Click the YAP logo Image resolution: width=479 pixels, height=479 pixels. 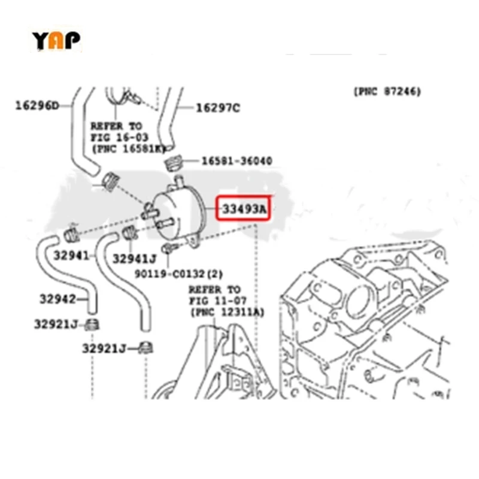pyautogui.click(x=56, y=40)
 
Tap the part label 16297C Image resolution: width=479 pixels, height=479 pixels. pyautogui.click(x=217, y=108)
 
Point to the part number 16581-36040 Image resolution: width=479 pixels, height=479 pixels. pyautogui.click(x=237, y=161)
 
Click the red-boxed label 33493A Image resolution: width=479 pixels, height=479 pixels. pyautogui.click(x=244, y=209)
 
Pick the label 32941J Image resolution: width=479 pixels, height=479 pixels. pyautogui.click(x=134, y=259)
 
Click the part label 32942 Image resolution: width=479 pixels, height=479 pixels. pyautogui.click(x=57, y=298)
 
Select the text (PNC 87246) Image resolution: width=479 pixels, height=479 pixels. pyautogui.click(x=387, y=92)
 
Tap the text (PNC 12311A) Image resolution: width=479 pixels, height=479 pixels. pyautogui.click(x=227, y=313)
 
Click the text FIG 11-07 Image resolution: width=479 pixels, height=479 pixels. pyautogui.click(x=216, y=301)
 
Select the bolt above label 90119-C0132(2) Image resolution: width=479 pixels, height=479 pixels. pyautogui.click(x=167, y=249)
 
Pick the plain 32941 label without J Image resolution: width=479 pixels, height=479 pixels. pyautogui.click(x=71, y=255)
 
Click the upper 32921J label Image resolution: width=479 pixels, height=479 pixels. pyautogui.click(x=56, y=325)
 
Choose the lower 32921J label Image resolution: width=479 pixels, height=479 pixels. pyautogui.click(x=105, y=348)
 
